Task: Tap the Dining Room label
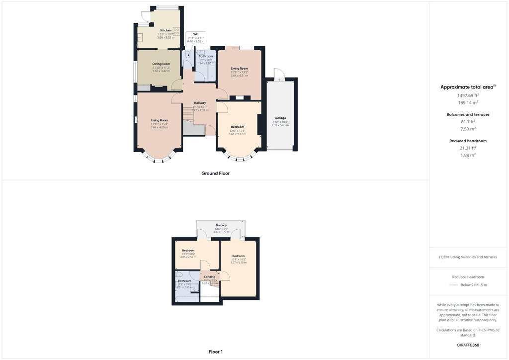pos(161,64)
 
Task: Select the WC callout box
pos(196,37)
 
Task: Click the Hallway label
pos(200,103)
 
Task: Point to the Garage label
pos(279,118)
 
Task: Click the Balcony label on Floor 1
pos(221,225)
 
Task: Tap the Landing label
pos(210,276)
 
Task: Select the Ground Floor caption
pos(215,174)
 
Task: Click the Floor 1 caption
pos(215,352)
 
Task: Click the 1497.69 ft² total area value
pos(468,95)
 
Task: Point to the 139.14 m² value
pos(468,102)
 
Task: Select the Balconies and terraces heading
pos(468,114)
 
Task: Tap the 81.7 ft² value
pos(468,121)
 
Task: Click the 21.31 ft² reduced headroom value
pos(468,148)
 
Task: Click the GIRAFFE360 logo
pos(468,345)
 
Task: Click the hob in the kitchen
pos(176,31)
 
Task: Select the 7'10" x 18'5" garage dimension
pos(279,122)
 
